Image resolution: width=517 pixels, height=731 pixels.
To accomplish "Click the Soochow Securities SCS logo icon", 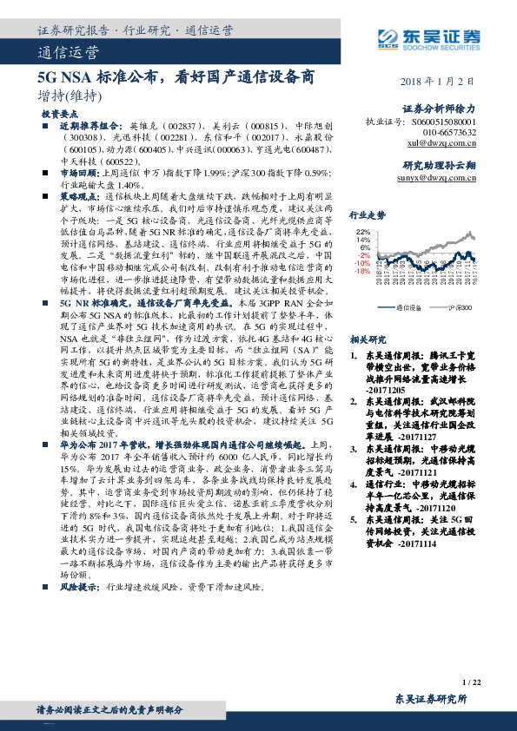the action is click(385, 37).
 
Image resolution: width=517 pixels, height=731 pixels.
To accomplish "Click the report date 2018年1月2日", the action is click(441, 81).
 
